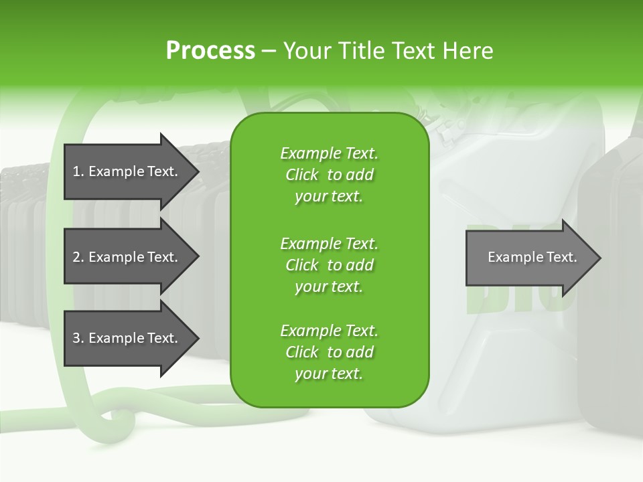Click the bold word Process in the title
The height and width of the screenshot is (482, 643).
click(x=210, y=50)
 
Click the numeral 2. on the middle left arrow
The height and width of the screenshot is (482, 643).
click(x=78, y=257)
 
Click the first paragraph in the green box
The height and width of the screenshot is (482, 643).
click(x=329, y=175)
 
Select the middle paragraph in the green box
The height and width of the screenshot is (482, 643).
click(x=329, y=264)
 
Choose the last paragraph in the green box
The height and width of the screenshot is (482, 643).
click(x=329, y=352)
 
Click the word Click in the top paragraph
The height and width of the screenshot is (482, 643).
click(x=302, y=175)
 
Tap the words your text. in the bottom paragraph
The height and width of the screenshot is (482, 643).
click(x=329, y=374)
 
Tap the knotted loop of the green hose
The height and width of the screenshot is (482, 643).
click(x=114, y=415)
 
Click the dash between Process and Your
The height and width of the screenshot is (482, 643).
click(x=268, y=51)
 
